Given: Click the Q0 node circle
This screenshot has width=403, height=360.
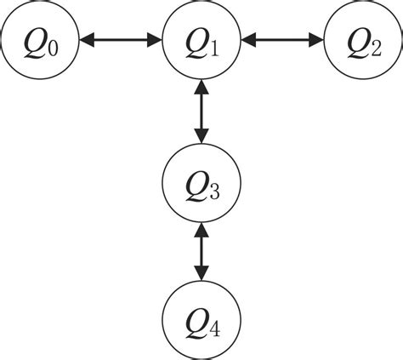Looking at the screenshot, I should pos(40,39).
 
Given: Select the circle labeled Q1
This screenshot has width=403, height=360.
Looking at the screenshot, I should pos(201,39).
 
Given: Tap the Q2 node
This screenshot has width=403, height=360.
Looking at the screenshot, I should pos(363,39).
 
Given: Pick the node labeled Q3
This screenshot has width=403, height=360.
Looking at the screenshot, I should pos(201,183).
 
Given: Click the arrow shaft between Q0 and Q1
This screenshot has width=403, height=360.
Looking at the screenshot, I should pos(121,39).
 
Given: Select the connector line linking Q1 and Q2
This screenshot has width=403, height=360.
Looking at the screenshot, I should pos(282,39).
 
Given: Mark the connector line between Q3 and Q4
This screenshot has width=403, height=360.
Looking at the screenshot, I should pos(201,251).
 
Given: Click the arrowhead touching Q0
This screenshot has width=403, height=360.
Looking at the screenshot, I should pos(87,39).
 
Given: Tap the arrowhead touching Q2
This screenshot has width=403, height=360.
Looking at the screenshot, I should pos(316,39).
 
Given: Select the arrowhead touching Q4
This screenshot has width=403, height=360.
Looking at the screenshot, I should pos(201,273).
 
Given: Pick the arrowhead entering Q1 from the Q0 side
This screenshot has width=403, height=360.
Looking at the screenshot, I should pos(156,39).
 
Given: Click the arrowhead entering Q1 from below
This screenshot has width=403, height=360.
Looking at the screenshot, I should pos(201,86).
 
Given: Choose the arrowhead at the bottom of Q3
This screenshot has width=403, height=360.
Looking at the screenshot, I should pos(201,230).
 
